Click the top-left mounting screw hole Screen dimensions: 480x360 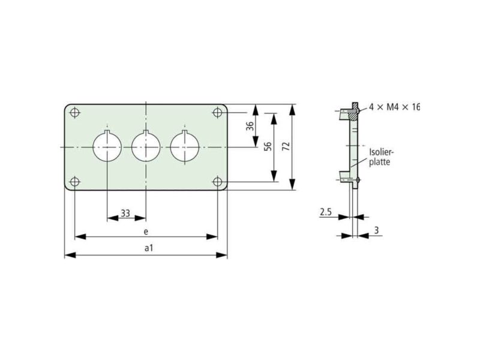point(75,112)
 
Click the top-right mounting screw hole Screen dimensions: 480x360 point(217,112)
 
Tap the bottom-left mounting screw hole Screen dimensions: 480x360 point(75,182)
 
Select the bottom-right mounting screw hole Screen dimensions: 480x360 point(217,182)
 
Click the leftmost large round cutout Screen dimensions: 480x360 point(107,147)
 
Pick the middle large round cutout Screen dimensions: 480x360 point(146,147)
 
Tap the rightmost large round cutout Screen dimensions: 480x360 point(185,147)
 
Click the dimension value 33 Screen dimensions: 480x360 point(125,213)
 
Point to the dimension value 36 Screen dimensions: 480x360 point(250,126)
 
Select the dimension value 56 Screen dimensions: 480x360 point(268,146)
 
